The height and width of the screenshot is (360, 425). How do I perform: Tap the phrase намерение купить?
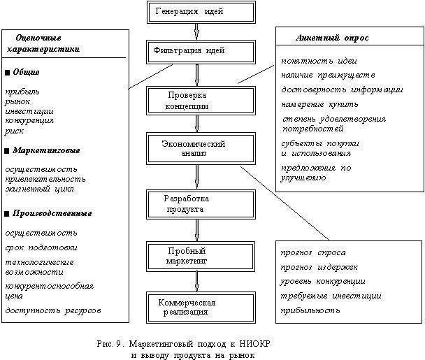tap(319, 104)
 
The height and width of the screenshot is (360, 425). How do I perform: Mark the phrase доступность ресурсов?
tap(52, 309)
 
